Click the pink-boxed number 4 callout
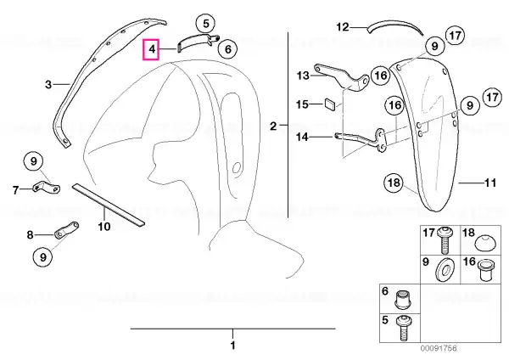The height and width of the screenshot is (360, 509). point(151,50)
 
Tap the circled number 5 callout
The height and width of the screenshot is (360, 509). point(206,24)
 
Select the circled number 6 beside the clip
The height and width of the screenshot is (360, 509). point(227,49)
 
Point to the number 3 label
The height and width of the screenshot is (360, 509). point(48,85)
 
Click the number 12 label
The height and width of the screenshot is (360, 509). point(342,27)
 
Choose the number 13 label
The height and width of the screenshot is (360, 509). point(303,76)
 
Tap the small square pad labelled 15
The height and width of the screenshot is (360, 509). point(330,104)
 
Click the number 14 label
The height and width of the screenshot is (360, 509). point(302,137)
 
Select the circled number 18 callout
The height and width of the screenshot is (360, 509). point(394,183)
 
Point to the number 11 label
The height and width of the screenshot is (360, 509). point(490,183)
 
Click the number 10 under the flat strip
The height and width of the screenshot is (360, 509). point(104,227)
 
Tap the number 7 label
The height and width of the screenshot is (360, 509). point(16,189)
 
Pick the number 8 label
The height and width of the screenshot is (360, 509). point(30,234)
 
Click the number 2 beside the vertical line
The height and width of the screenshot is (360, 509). point(273,126)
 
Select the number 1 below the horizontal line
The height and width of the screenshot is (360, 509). point(232,345)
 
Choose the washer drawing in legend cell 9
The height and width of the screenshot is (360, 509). point(444,269)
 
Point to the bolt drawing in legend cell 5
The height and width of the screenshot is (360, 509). point(404,328)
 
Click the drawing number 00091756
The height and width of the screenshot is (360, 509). point(439,349)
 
